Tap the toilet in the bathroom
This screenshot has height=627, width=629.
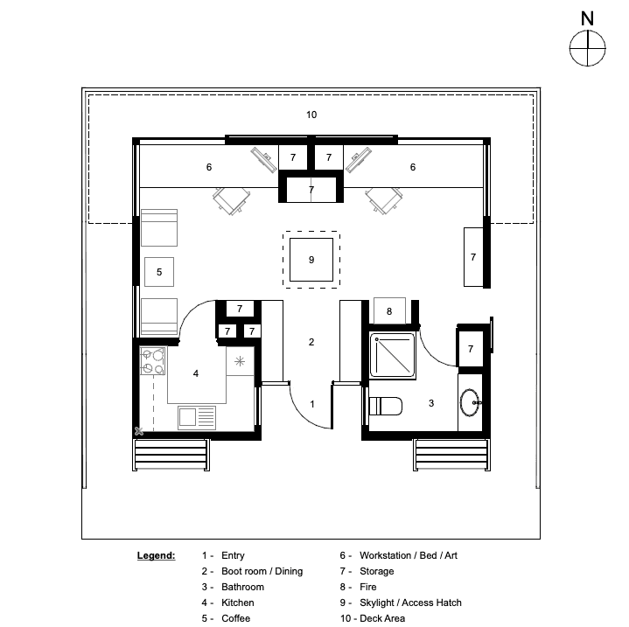(385, 406)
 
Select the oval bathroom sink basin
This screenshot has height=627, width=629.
(470, 402)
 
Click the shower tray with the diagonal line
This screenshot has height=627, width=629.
(392, 356)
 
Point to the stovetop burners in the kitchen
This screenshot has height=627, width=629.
(152, 361)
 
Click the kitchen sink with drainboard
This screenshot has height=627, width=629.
(197, 417)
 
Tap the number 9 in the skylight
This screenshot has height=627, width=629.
(311, 260)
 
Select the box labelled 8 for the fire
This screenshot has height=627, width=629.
(389, 310)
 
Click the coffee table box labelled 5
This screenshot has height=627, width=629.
(159, 272)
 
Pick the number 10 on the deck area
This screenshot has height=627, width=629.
(311, 115)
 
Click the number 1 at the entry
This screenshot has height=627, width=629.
(312, 404)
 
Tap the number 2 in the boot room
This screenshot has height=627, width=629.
(311, 342)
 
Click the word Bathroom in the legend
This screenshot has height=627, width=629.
(242, 587)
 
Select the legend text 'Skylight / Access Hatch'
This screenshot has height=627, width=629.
(410, 603)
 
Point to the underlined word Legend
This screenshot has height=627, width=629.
(156, 555)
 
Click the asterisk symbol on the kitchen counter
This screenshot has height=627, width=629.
(240, 362)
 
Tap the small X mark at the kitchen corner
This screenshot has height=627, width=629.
(139, 431)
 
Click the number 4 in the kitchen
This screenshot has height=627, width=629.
(196, 373)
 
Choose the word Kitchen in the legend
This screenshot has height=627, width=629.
(237, 603)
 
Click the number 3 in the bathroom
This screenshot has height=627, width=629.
(431, 403)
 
